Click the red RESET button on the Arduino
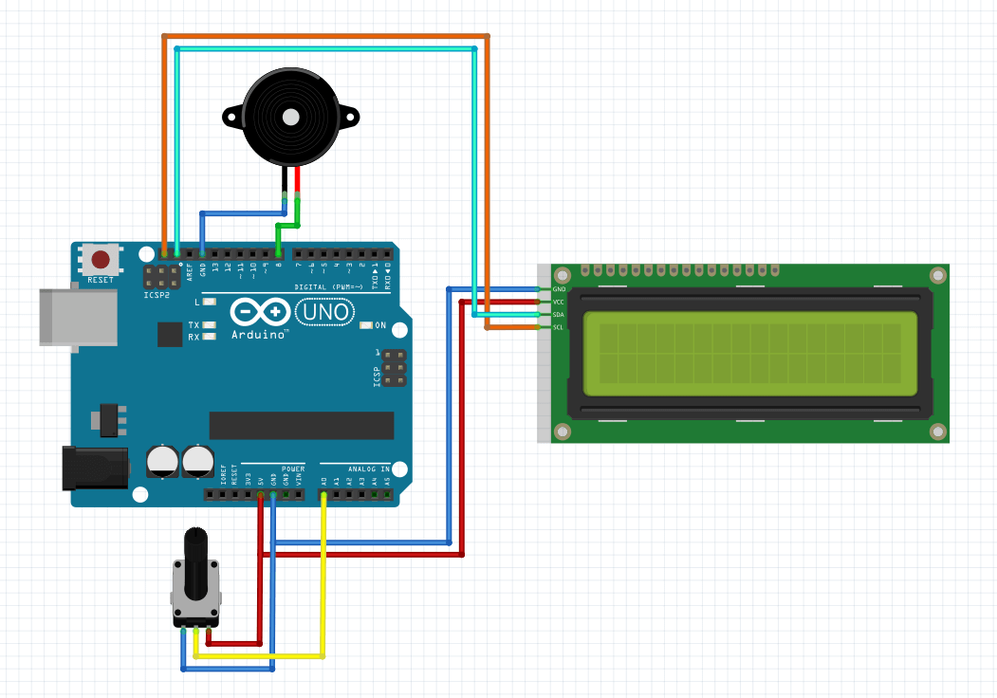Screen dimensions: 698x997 point(100,260)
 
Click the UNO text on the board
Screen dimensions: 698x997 point(325,311)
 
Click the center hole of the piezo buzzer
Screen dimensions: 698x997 point(290,119)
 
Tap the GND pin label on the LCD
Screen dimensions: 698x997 point(559,289)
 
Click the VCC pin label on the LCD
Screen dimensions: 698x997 point(559,302)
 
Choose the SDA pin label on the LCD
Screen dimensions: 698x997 point(559,314)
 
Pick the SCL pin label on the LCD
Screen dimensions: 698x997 point(559,327)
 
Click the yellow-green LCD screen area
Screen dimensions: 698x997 point(750,354)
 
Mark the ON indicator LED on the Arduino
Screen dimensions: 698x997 point(366,326)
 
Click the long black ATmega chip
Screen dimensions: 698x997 point(301,426)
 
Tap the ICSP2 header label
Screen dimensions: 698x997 point(157,296)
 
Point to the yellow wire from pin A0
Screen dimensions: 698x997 point(323,579)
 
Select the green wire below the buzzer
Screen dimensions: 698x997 point(287,226)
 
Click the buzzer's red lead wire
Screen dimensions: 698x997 point(298,180)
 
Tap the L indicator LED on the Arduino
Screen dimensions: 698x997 point(211,303)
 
